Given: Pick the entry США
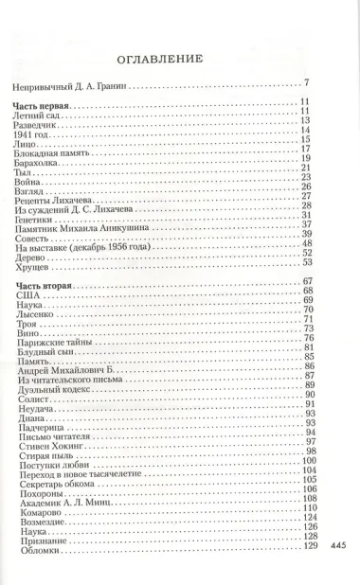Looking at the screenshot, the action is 27,295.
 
